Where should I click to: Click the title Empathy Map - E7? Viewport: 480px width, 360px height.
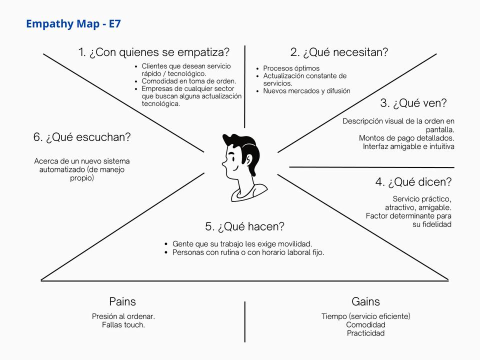[73, 23]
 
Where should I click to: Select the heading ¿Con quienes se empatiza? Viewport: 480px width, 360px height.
[154, 52]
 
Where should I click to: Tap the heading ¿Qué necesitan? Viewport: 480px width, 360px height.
[339, 52]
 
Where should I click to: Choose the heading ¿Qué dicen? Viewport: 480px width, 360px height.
[413, 182]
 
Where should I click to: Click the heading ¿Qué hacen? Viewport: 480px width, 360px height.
[244, 226]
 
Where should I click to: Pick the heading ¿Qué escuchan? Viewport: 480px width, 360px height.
[82, 137]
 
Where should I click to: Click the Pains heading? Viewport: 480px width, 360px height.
[122, 301]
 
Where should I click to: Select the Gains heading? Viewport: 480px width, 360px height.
[365, 301]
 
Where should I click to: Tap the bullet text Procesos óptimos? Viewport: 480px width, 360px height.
[291, 68]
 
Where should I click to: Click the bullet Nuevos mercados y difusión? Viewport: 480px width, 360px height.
[306, 91]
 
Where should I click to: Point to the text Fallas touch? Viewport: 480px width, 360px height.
[123, 325]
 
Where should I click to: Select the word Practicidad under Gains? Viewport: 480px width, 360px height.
[365, 333]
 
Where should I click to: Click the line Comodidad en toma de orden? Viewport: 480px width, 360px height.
[188, 81]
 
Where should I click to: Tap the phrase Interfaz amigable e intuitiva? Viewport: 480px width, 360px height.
[408, 146]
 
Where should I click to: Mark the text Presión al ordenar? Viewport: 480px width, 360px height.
[123, 316]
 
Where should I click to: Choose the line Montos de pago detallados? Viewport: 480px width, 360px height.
[406, 138]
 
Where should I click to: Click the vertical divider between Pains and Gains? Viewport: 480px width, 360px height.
[245, 321]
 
